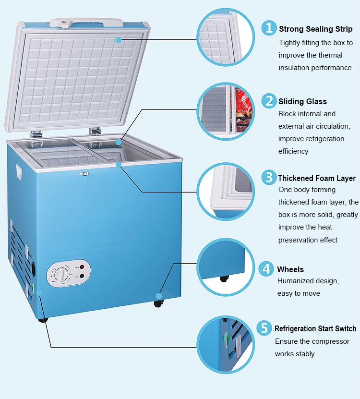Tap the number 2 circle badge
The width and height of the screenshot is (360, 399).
[x=269, y=101]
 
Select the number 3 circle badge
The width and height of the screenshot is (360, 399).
[x=269, y=177]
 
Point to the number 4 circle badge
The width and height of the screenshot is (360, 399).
[x=267, y=268]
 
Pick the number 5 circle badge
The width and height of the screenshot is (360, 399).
[x=264, y=328]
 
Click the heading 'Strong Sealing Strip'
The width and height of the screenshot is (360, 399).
[x=315, y=29]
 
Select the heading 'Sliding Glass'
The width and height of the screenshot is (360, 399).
[x=302, y=102]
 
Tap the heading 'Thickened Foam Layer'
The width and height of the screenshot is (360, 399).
[x=317, y=178]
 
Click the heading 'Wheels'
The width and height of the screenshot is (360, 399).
[x=290, y=269]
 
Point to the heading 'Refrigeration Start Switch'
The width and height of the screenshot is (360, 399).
[x=315, y=329]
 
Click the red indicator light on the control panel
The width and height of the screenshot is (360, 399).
[x=82, y=267]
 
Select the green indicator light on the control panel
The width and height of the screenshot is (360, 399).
[x=82, y=276]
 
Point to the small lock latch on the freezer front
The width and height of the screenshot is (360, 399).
[x=84, y=174]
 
